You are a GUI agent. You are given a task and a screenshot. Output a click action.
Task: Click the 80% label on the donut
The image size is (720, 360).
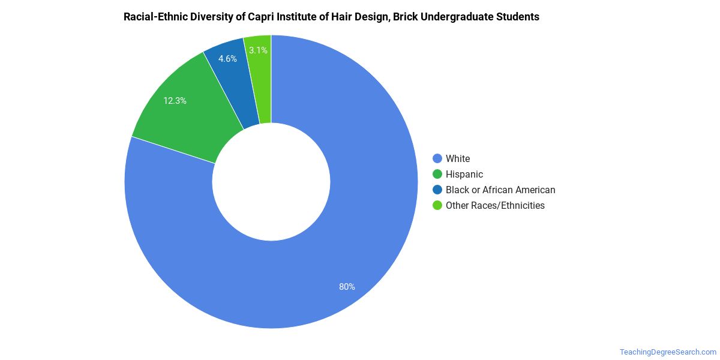[347, 287]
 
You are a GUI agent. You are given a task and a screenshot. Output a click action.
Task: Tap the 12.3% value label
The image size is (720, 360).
[175, 101]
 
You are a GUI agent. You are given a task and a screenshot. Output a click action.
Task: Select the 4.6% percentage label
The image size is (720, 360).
[227, 59]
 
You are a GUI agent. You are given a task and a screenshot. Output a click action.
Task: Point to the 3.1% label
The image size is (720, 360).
[258, 50]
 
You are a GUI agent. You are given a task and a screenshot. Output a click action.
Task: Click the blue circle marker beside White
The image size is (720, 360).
[437, 158]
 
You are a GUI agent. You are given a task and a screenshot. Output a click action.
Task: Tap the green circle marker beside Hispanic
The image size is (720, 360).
[437, 174]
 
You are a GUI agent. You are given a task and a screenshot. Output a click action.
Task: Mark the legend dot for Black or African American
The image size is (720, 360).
[437, 190]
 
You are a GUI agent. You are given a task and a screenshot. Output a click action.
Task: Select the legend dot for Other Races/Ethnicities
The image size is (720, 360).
[437, 205]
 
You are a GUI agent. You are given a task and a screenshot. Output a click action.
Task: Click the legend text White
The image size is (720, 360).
[458, 158]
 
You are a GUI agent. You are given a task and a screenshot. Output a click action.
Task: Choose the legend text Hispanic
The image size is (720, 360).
[464, 174]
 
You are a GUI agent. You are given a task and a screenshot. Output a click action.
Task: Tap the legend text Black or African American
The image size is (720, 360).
[500, 190]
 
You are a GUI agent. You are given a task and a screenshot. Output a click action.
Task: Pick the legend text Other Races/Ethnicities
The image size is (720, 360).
[495, 205]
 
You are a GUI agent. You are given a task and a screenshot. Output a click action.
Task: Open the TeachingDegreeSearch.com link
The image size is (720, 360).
[668, 352]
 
